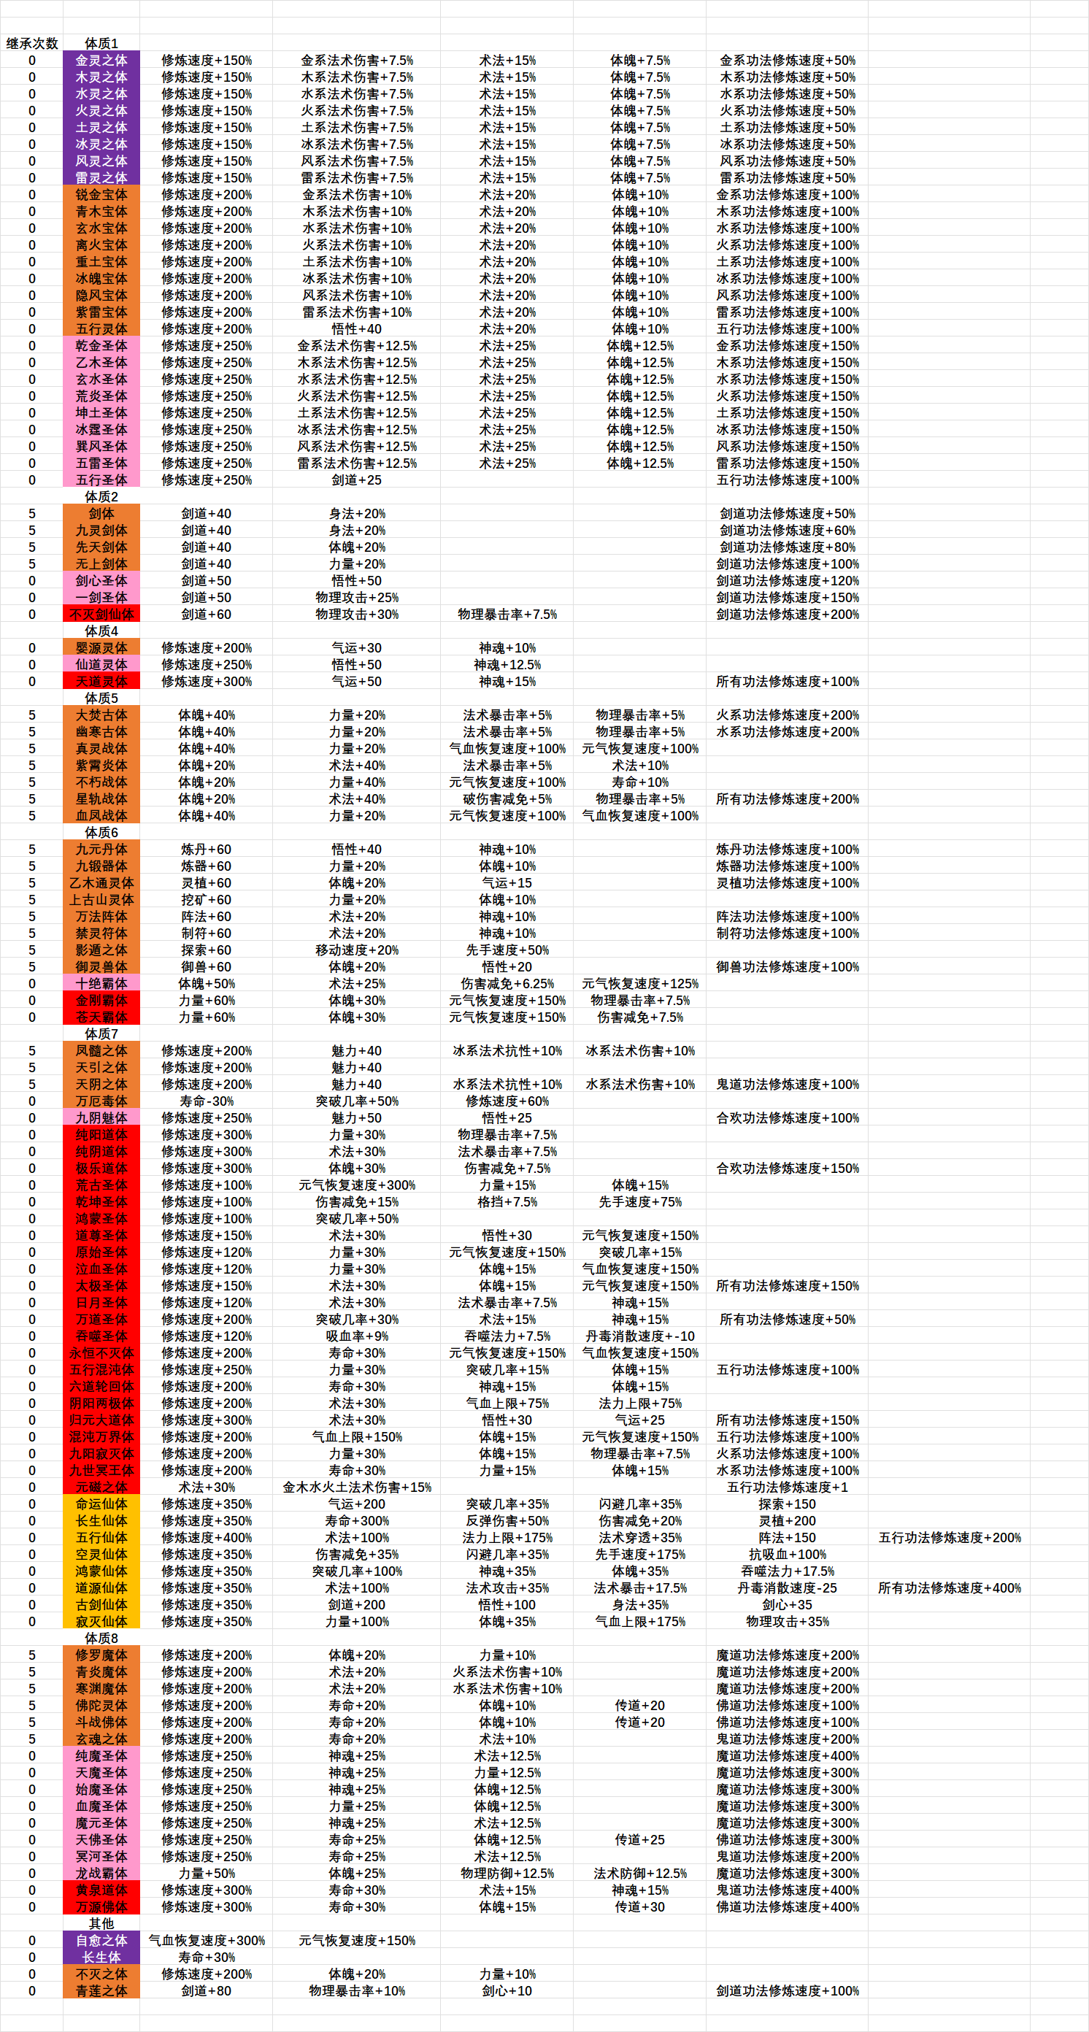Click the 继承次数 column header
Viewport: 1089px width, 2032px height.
click(31, 43)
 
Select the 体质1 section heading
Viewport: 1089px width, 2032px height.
click(101, 43)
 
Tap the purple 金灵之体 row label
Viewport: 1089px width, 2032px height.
click(101, 61)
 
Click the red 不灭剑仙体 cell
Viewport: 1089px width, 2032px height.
click(101, 615)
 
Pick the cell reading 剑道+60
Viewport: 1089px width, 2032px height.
click(206, 615)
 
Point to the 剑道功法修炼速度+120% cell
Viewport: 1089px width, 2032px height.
click(787, 580)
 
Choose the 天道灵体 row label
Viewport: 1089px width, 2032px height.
click(101, 682)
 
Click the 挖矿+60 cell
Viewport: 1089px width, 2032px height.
click(206, 900)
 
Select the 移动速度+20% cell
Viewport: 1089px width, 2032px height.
click(356, 950)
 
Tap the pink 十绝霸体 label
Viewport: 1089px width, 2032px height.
click(101, 984)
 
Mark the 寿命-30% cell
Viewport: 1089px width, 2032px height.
click(206, 1101)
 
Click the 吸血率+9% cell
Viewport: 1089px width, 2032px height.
click(356, 1336)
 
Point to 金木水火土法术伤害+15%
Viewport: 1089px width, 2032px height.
click(356, 1488)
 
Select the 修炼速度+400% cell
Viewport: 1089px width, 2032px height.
click(206, 1537)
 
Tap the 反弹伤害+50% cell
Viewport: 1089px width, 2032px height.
click(507, 1521)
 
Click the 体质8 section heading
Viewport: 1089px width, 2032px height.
click(101, 1639)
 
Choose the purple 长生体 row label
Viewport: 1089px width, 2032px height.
click(101, 1957)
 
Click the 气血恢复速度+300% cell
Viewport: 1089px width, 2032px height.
click(206, 1941)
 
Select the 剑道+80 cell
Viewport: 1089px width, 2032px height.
click(206, 1991)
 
